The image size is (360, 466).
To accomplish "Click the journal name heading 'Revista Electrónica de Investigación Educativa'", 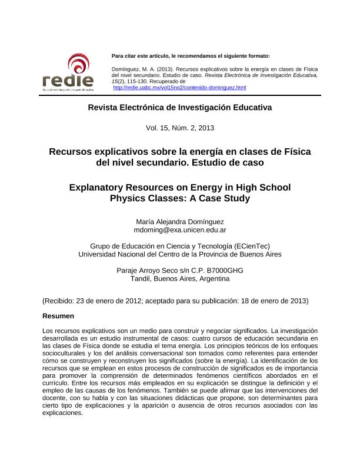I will (x=180, y=108).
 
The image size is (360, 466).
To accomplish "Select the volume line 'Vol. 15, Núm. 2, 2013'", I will (x=180, y=128).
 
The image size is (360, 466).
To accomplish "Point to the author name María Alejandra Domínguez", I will (x=180, y=221).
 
